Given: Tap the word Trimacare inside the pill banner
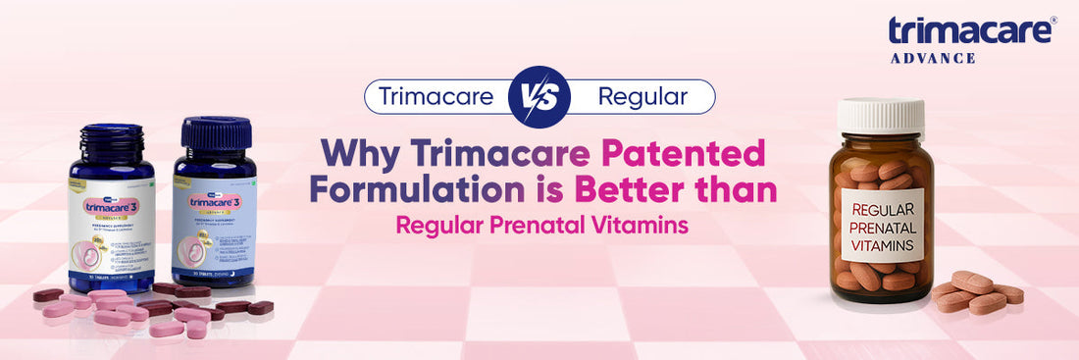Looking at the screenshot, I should click(437, 96).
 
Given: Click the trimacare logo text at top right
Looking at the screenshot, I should click(971, 30).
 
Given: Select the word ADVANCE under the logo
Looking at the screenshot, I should click(933, 58).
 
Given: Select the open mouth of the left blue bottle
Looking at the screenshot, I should click(111, 129).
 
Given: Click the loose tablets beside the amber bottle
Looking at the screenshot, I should click(976, 291).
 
